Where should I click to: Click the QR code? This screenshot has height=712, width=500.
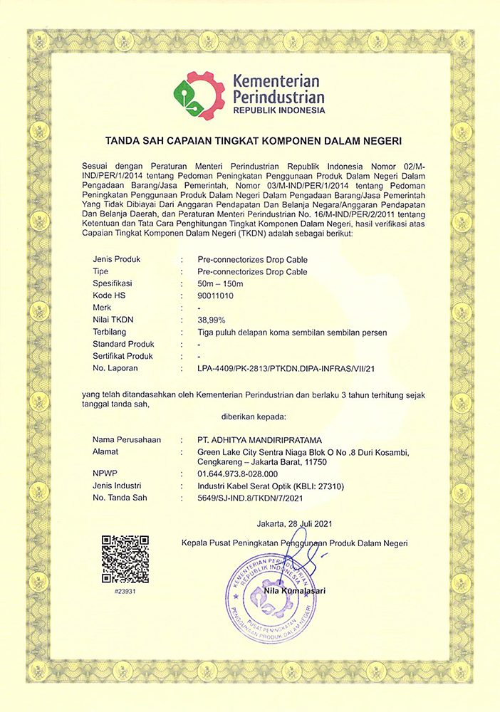[125, 559]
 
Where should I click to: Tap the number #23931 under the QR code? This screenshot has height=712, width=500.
[125, 591]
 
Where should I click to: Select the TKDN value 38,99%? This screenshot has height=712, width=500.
[212, 320]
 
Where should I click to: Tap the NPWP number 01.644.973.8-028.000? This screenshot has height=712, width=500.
[238, 473]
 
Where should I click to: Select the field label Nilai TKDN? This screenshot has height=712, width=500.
[114, 320]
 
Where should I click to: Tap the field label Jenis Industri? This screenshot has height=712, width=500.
[119, 486]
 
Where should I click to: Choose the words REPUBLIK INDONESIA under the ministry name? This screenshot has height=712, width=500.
[278, 111]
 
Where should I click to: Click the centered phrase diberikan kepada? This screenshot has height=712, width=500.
[249, 415]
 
